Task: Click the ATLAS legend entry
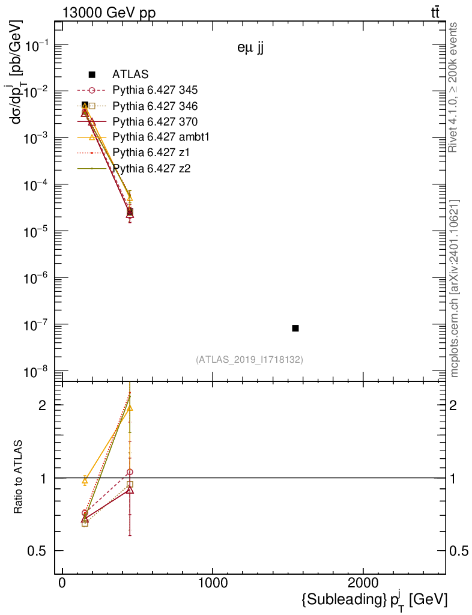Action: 130,74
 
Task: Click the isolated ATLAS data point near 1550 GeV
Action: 295,328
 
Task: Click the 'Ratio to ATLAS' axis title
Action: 19,478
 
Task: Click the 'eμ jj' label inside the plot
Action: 250,50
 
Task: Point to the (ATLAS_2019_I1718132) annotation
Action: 249,360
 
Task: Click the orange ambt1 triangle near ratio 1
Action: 85,480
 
